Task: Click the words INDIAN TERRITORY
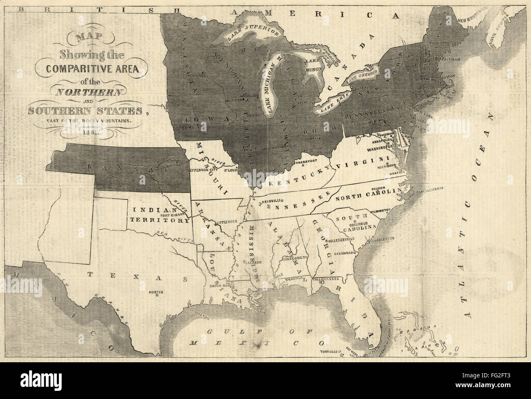pos(160,215)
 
